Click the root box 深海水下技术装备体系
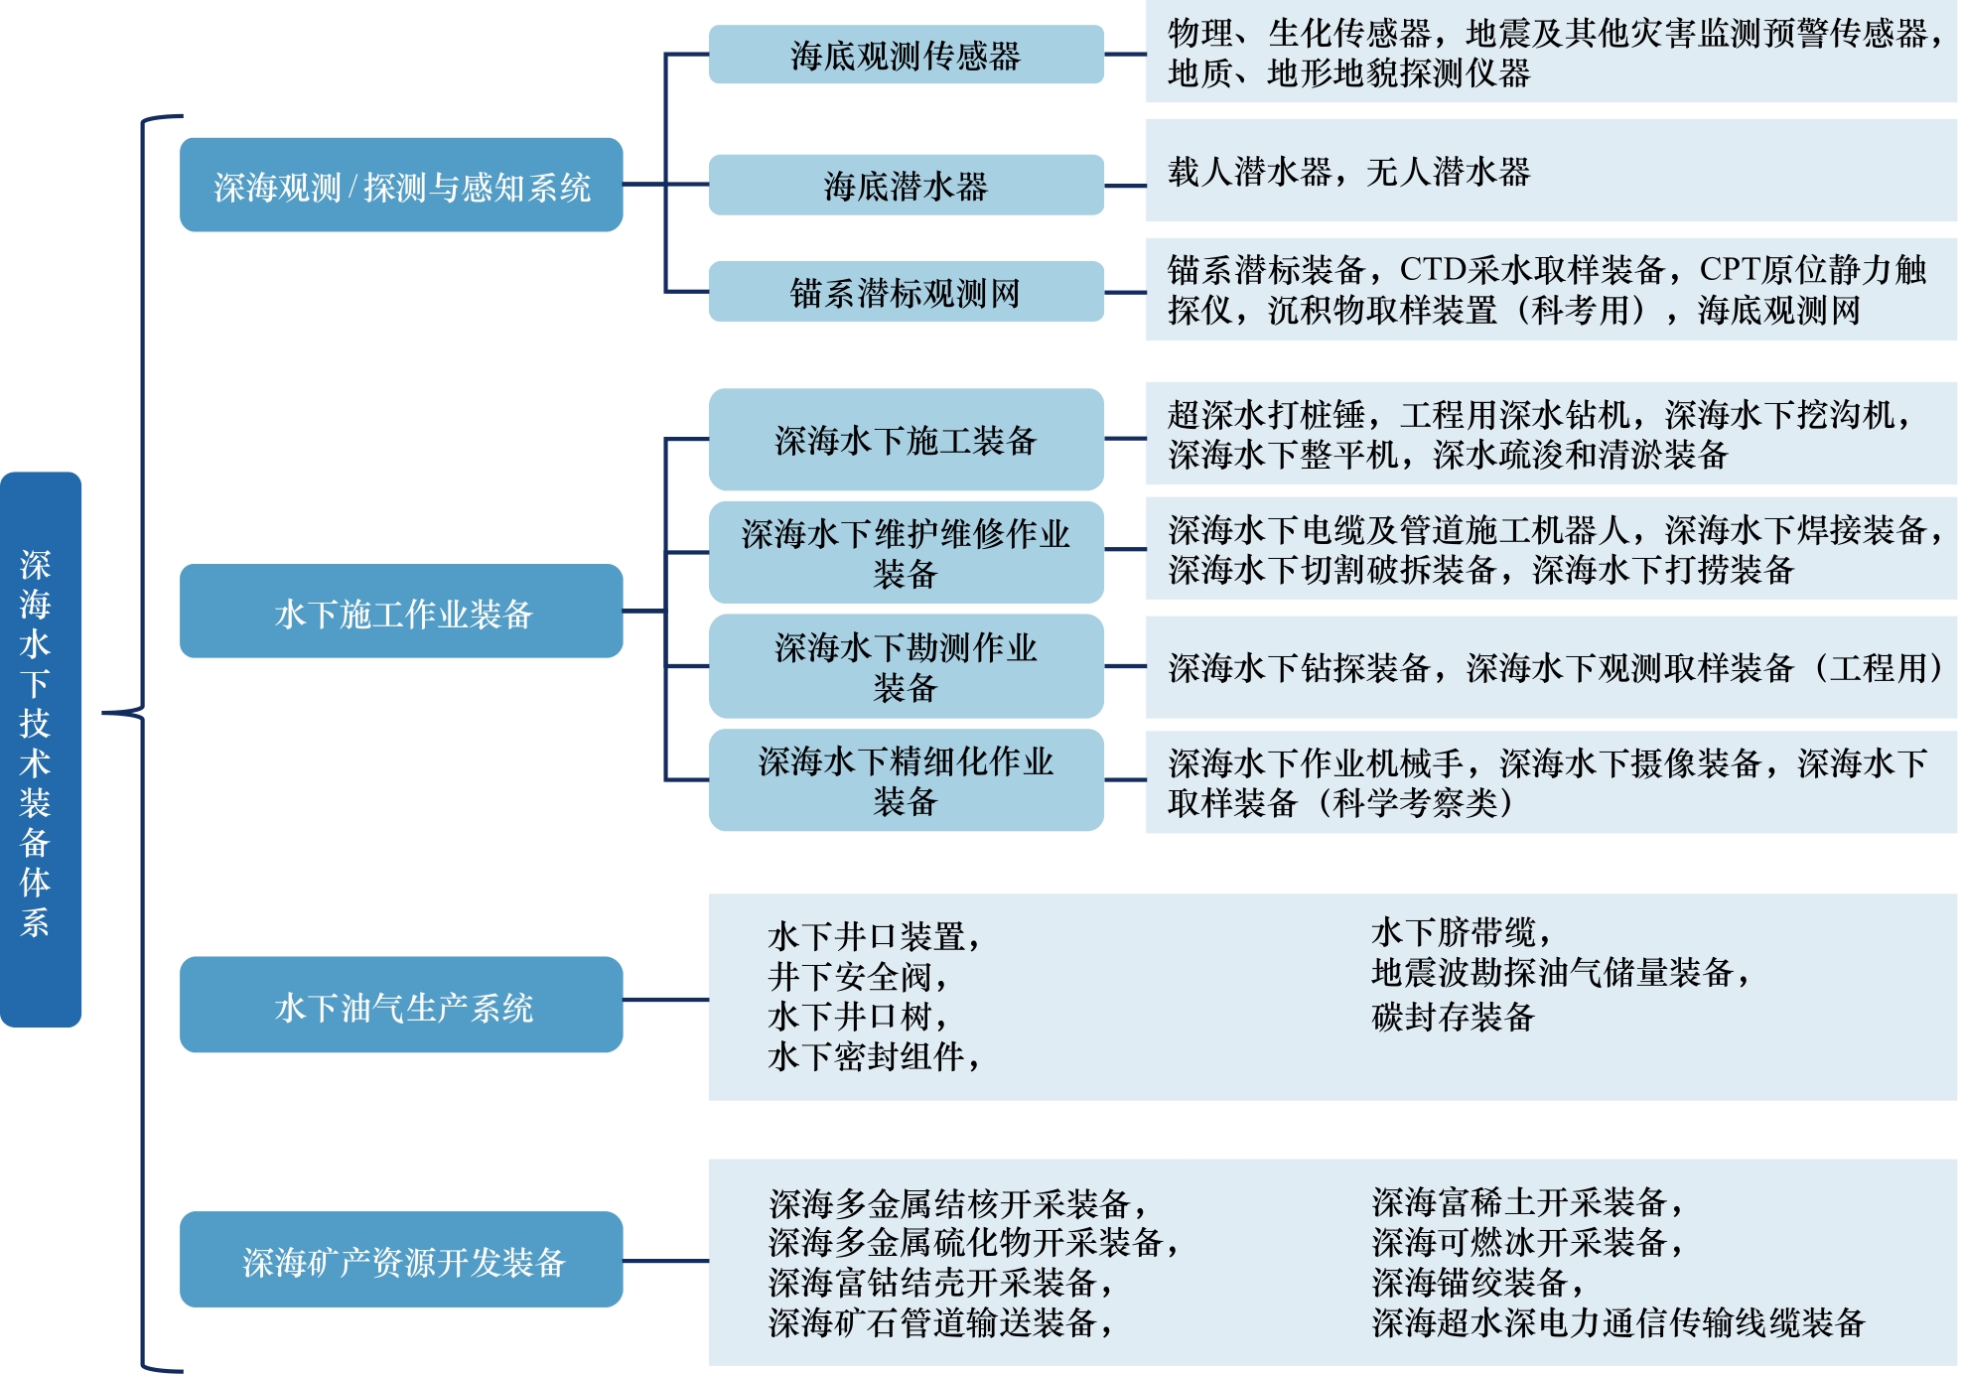click(x=40, y=749)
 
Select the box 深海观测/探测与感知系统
click(x=401, y=186)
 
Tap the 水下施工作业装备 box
click(x=401, y=612)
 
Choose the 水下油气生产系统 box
click(x=401, y=1005)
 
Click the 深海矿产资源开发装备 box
click(x=401, y=1259)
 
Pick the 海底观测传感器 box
click(x=906, y=55)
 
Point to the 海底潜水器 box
click(x=906, y=185)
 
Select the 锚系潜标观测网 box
click(x=906, y=292)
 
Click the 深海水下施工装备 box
click(x=906, y=439)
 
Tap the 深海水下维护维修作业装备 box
click(x=906, y=552)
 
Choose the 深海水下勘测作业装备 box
click(x=906, y=666)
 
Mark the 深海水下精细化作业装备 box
click(x=906, y=780)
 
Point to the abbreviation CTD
click(x=1433, y=269)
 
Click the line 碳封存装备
click(x=1453, y=1017)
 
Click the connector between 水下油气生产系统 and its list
click(x=665, y=1000)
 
